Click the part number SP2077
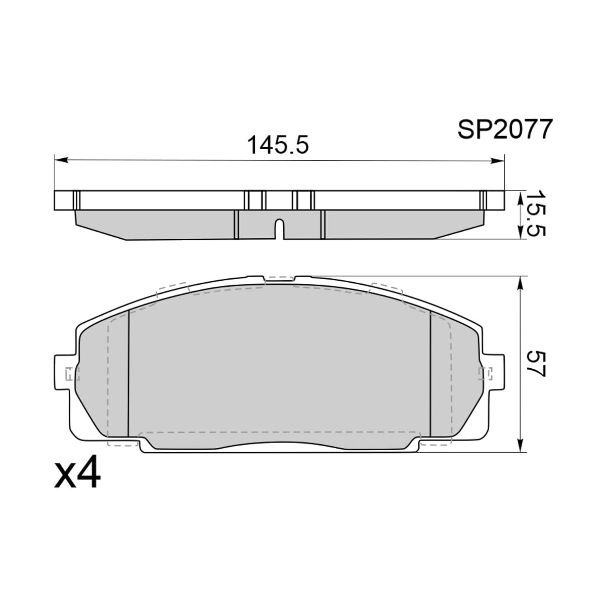[x=505, y=129]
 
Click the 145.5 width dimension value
[x=278, y=145]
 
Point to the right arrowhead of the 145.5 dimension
[x=497, y=161]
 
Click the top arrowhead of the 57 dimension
[x=520, y=283]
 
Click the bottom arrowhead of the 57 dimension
[x=520, y=446]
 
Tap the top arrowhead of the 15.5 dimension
[x=520, y=197]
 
